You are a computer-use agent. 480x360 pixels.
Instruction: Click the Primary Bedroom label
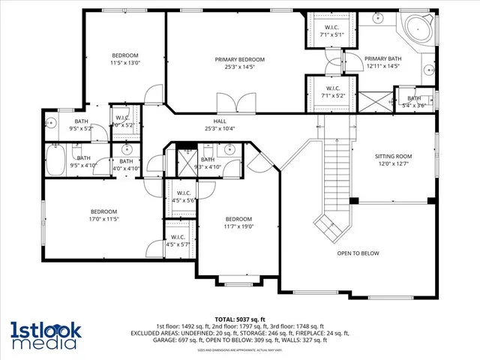240,59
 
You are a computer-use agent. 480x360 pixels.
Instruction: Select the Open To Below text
358,253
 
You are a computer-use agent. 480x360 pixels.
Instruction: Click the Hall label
220,121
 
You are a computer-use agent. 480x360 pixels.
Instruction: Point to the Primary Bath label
382,59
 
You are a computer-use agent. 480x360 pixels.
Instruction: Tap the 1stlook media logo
44,334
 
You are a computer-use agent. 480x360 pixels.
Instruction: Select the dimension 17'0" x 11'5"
104,219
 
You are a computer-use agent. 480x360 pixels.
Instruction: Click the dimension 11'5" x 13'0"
125,63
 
